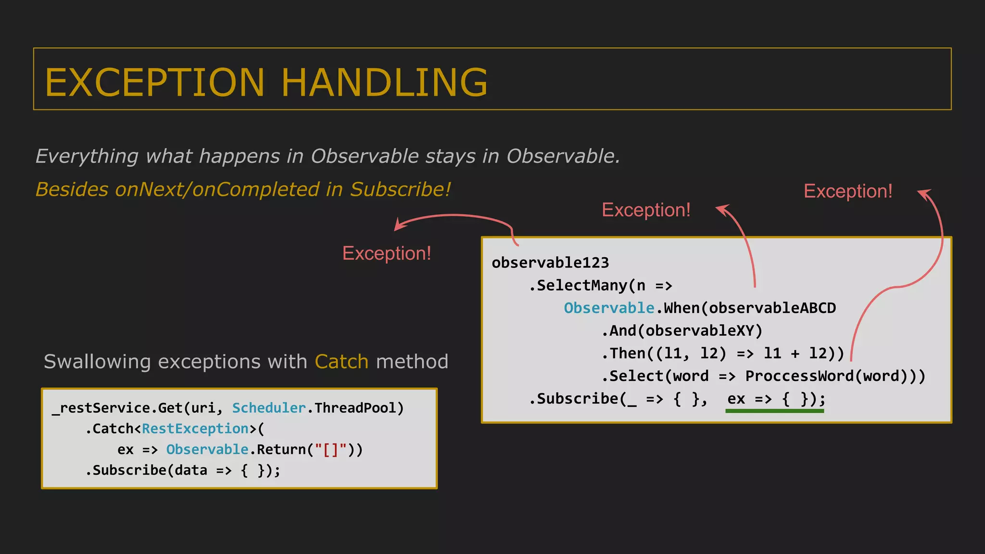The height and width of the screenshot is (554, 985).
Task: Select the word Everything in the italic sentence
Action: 87,156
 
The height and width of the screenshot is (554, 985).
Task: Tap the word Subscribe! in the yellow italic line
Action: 400,189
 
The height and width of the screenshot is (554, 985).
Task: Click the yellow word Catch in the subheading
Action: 341,362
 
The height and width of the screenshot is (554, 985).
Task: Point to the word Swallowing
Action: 97,362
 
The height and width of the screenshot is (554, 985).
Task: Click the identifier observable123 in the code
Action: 550,263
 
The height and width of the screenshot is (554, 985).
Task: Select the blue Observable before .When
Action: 609,308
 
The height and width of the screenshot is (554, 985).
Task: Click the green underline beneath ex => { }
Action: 774,411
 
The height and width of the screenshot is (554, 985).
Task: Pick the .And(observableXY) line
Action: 682,331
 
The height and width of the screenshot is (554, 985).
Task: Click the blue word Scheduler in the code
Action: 269,408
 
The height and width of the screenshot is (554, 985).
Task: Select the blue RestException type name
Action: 195,428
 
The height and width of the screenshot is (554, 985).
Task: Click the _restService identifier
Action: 101,408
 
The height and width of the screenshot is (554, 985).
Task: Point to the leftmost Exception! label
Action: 387,253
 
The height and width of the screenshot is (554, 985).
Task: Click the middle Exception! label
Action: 646,210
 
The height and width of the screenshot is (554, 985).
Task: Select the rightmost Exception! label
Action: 848,191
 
